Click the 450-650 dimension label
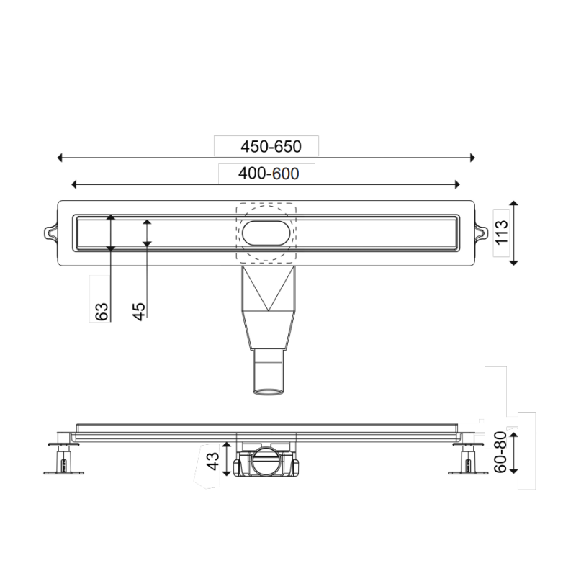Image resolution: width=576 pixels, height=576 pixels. (x=270, y=146)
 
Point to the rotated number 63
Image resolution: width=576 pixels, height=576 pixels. (x=102, y=310)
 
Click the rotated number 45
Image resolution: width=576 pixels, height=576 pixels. (x=139, y=310)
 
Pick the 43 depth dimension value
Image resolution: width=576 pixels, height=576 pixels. (x=213, y=461)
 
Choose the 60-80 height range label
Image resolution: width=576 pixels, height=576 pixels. (x=501, y=453)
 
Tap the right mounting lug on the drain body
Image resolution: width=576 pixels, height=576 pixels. (x=480, y=233)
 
